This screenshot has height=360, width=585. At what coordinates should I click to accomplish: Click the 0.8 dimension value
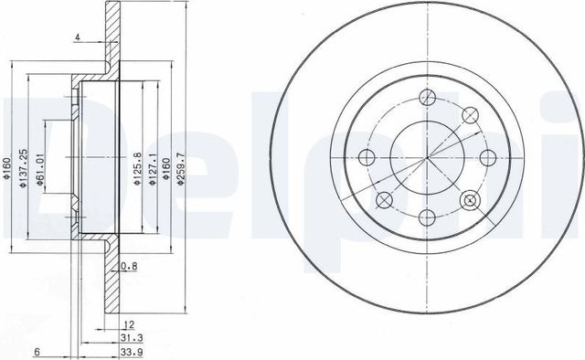click(131, 267)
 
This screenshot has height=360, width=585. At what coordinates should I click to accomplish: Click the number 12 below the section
click(130, 323)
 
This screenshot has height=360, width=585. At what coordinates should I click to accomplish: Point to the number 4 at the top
click(80, 37)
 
